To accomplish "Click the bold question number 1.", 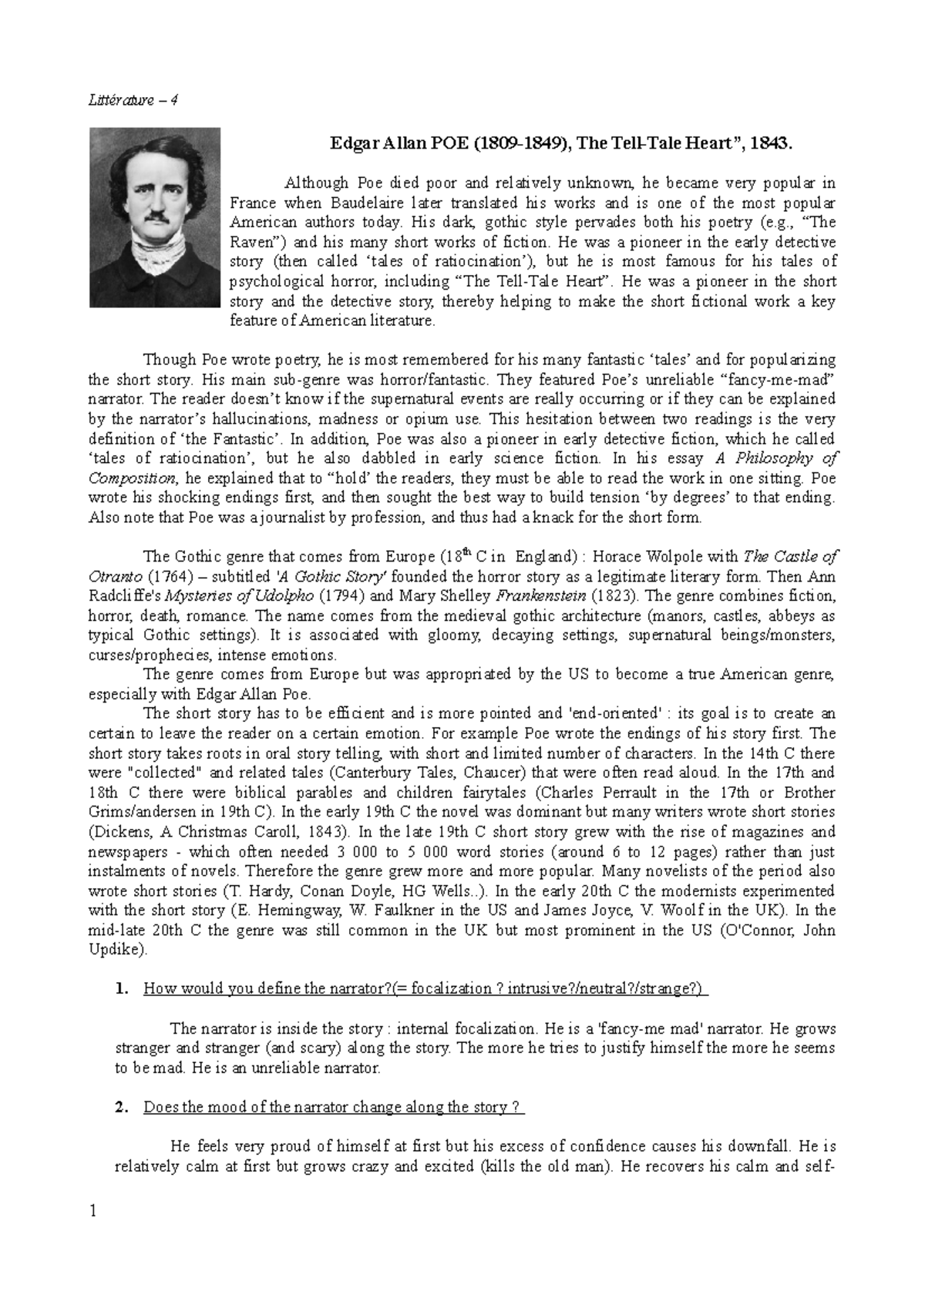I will [120, 990].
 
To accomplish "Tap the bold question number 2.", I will [120, 1108].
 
